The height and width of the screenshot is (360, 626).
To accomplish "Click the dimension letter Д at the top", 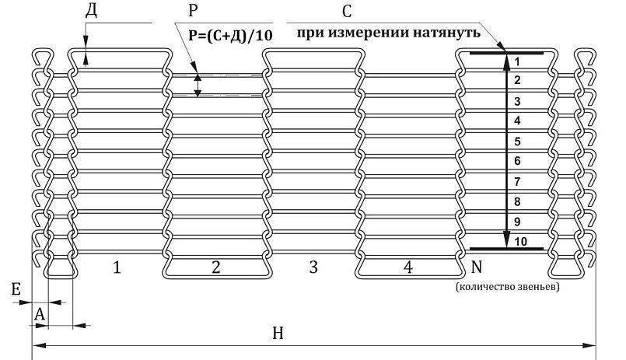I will tap(91, 9).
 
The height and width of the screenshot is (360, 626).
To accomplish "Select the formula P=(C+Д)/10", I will tap(230, 35).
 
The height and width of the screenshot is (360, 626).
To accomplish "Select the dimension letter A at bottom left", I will tap(40, 313).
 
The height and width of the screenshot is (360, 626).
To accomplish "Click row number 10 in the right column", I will tap(520, 242).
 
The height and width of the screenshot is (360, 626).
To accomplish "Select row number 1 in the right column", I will tap(518, 60).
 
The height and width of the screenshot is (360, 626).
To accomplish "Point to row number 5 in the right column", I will tap(518, 142).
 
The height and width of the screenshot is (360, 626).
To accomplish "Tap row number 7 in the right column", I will tap(518, 181).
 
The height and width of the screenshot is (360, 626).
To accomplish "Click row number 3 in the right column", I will tap(518, 101).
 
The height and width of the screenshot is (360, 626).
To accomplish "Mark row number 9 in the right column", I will tap(518, 222).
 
